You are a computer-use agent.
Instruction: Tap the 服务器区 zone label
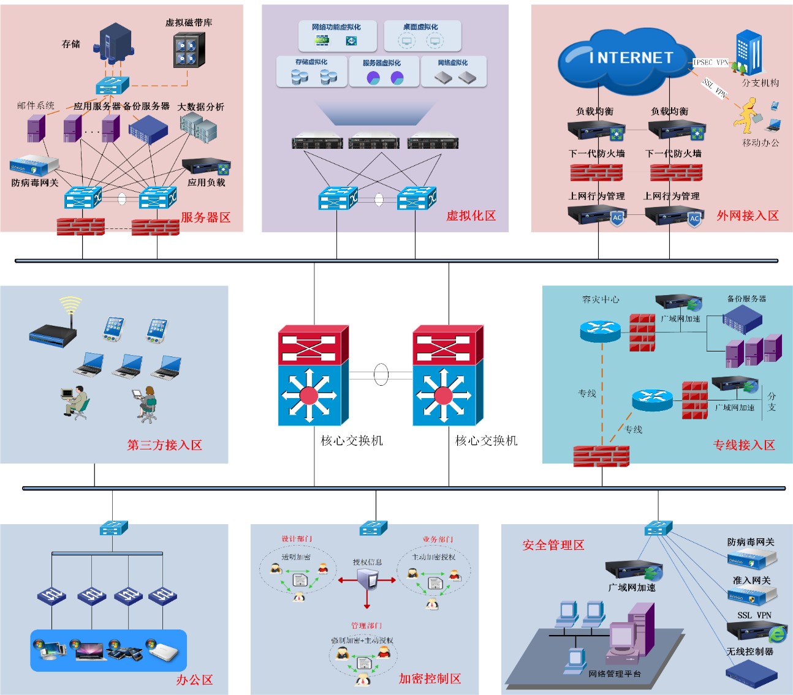coord(205,217)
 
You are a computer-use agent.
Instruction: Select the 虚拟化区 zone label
coord(471,216)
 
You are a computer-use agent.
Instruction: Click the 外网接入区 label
coord(748,216)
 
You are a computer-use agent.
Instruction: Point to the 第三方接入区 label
coord(164,445)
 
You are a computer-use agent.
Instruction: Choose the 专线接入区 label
coord(744,445)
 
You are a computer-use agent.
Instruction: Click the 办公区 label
coord(194,680)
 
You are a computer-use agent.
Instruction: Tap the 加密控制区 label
coord(430,678)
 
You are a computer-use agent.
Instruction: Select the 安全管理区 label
coord(553,545)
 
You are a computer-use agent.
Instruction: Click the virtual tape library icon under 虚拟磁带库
coord(188,50)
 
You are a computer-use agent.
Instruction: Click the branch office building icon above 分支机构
coord(749,52)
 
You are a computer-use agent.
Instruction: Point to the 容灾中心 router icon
coord(600,331)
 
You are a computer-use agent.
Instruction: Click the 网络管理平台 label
coord(614,674)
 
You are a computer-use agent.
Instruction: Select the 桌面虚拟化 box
coord(422,36)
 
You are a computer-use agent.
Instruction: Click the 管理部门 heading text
coord(366,625)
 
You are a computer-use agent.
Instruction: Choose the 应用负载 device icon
coord(207,167)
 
